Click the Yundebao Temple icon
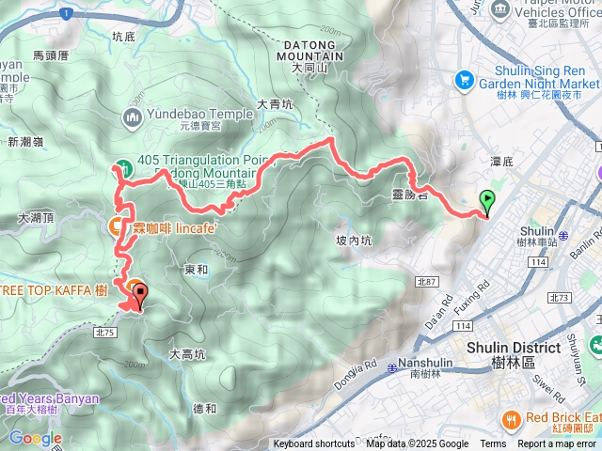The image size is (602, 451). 132,117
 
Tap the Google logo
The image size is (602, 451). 35,438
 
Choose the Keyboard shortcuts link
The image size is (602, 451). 314,444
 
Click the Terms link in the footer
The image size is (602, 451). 493,444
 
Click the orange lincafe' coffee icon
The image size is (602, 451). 115,225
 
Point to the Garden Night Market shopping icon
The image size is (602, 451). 463,80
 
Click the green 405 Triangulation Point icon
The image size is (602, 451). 125,161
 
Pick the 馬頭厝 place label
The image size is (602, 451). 51,55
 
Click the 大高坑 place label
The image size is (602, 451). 187,354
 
